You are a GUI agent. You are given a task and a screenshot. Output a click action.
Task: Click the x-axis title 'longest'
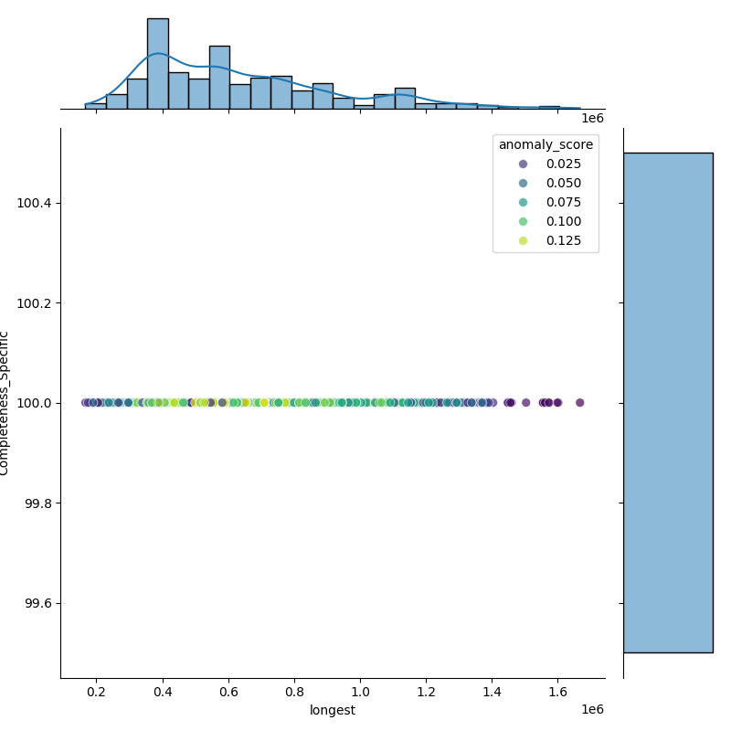[333, 710]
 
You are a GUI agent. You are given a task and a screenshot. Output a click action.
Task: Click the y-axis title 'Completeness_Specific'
[5, 403]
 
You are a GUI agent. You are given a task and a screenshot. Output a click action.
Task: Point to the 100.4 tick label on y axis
[35, 203]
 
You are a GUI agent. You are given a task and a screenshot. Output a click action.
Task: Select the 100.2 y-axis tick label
[35, 302]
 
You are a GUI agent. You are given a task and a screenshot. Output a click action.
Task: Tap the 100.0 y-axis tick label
[35, 403]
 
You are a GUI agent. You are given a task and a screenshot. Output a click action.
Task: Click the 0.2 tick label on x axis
[97, 692]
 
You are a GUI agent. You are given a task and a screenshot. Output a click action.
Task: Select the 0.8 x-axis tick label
[295, 692]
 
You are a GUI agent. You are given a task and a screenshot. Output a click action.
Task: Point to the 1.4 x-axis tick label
[493, 692]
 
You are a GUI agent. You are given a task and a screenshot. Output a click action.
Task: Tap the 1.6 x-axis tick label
[558, 692]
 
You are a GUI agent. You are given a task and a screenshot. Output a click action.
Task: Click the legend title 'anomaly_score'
[546, 144]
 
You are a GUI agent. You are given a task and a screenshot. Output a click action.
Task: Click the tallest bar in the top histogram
[157, 64]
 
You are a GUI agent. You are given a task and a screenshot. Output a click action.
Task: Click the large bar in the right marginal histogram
[668, 402]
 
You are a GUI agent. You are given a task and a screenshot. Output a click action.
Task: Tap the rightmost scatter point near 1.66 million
[579, 402]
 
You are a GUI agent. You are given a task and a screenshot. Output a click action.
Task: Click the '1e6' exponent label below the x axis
[592, 710]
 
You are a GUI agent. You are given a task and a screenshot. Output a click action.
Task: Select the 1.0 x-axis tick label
[361, 692]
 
